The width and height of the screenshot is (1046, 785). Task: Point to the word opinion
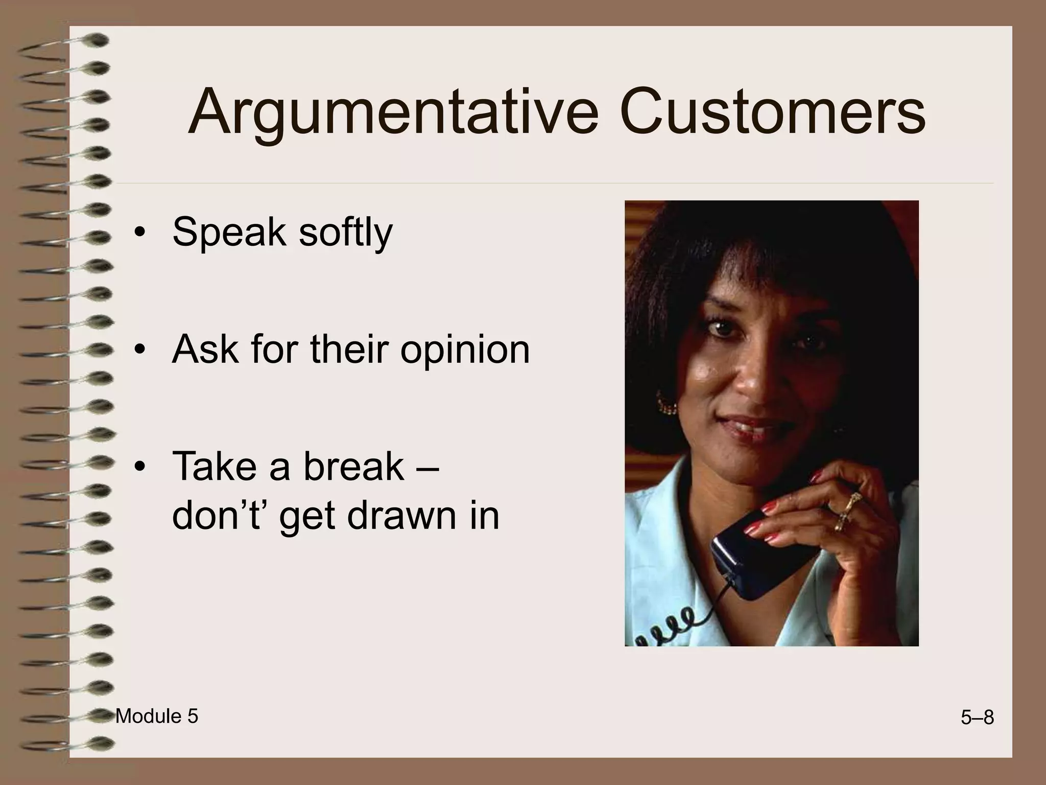pyautogui.click(x=465, y=352)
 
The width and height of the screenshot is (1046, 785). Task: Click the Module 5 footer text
pyautogui.click(x=157, y=717)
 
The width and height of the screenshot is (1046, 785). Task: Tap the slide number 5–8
pyautogui.click(x=977, y=718)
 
